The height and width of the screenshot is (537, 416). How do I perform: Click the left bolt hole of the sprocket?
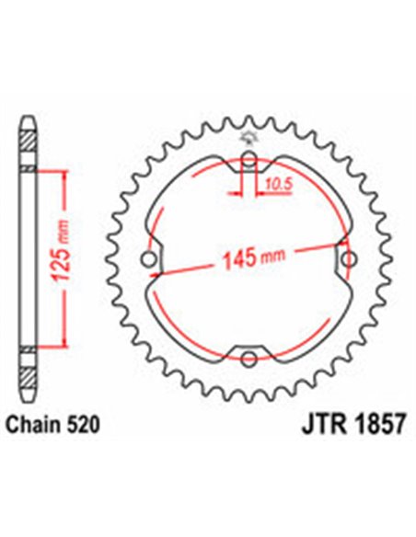click(149, 263)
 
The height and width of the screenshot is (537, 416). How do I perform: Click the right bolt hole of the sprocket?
click(348, 262)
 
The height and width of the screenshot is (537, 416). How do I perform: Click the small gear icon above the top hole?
click(248, 139)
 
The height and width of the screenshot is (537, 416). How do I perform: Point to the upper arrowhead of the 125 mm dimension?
click(62, 175)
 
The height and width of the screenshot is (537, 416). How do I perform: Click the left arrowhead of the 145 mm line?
click(165, 273)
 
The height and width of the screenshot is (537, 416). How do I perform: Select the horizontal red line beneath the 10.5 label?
click(267, 195)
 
